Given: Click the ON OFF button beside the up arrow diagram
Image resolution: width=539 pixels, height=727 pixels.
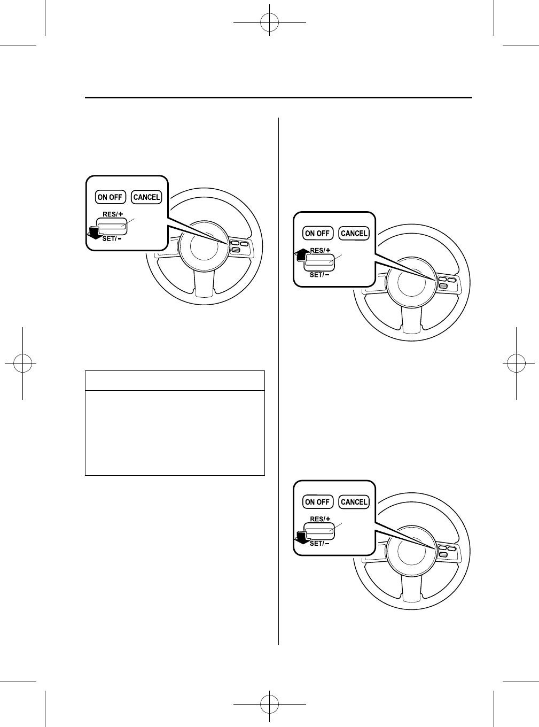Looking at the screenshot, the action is click(x=317, y=233).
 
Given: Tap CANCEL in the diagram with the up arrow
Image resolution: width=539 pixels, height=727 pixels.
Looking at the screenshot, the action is click(x=354, y=233).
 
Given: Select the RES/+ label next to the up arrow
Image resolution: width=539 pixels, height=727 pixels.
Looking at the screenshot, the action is click(x=321, y=250).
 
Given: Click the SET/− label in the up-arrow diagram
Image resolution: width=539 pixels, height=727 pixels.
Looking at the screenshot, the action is click(x=319, y=275).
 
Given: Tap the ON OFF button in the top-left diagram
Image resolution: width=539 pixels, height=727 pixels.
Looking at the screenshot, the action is click(x=110, y=197).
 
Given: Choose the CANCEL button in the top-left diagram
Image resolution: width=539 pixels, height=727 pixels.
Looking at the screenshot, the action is click(x=146, y=197).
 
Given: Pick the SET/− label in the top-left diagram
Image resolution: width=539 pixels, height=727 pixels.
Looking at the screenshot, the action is click(x=112, y=238).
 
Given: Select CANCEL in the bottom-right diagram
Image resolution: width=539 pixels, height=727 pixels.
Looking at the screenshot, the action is click(x=354, y=502).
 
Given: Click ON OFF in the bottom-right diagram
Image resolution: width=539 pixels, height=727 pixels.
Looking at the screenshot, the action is click(x=317, y=502).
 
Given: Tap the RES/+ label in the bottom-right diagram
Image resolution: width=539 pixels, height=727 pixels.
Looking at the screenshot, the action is click(x=321, y=519).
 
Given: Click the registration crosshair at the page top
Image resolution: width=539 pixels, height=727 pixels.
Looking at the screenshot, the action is click(x=269, y=22).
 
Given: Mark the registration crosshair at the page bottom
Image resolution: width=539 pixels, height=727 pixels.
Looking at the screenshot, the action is click(x=269, y=704).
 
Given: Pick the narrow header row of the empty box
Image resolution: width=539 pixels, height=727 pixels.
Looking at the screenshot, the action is click(x=175, y=380).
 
